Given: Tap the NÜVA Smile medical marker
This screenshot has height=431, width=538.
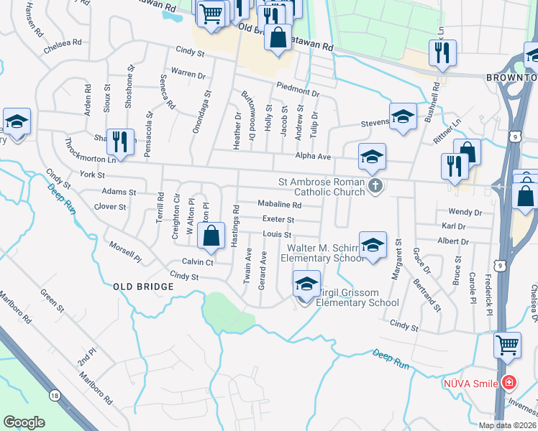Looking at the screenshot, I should (509, 381).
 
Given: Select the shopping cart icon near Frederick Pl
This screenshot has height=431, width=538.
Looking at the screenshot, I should (507, 345).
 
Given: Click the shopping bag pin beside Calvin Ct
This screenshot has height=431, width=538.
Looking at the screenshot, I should (210, 236).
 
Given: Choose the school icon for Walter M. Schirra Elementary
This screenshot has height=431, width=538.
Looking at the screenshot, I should (373, 246).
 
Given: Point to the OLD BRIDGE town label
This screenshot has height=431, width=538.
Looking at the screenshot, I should (144, 287).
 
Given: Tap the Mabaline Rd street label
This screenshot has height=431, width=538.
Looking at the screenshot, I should (280, 205).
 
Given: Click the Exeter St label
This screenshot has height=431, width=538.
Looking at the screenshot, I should (278, 219).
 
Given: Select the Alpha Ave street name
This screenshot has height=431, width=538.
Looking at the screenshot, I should (313, 156).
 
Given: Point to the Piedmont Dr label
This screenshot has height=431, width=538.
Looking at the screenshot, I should (296, 92).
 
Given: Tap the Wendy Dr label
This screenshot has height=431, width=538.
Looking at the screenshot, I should (465, 213).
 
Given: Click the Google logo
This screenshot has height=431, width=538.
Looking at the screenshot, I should (24, 422).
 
